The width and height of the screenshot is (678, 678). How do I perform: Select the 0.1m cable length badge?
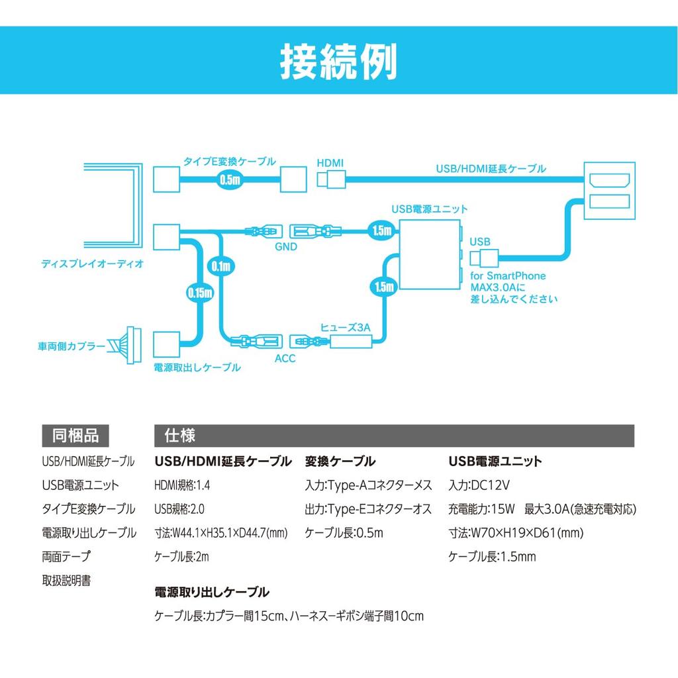[x=220, y=267]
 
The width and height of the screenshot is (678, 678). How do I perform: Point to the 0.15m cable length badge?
[x=199, y=291]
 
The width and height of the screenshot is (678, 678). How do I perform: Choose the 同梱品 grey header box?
[x=75, y=436]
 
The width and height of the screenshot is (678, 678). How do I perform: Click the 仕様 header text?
[x=179, y=436]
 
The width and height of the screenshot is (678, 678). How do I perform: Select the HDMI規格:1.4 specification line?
[x=182, y=485]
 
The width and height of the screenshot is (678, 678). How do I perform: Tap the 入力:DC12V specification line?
[x=479, y=485]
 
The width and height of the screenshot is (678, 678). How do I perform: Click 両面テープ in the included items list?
[x=66, y=557]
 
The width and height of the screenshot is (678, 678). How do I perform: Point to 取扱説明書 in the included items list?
[x=66, y=581]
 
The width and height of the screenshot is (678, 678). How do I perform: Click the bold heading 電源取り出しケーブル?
[x=211, y=592]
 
